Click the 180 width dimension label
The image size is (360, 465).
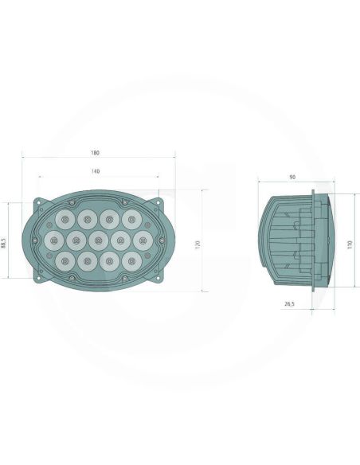coord(96,153)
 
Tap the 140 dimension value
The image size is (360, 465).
coord(96,172)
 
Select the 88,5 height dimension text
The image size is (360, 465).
coord(4,240)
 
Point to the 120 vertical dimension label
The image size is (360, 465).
coord(197,240)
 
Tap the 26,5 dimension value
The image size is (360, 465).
coord(289,303)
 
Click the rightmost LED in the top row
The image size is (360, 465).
coord(129,217)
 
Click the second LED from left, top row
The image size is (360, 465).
coord(87,217)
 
